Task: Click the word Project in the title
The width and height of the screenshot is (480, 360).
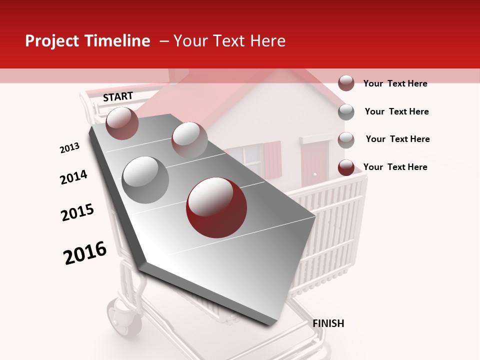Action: click(52, 41)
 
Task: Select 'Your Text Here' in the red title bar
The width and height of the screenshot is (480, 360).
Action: click(229, 41)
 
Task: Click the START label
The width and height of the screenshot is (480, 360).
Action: click(118, 96)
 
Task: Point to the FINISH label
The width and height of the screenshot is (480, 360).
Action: click(328, 323)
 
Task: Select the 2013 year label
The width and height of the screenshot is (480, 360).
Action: click(69, 148)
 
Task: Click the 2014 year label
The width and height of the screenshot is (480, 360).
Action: click(73, 177)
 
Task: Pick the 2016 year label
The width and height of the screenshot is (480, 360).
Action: click(85, 253)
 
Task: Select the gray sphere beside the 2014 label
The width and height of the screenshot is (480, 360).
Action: click(145, 180)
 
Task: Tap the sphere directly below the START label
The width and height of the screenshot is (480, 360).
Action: click(122, 123)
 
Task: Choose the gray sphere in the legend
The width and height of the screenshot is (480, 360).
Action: click(346, 111)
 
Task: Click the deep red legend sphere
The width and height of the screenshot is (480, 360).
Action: click(346, 167)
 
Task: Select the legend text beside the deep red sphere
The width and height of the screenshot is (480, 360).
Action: click(395, 167)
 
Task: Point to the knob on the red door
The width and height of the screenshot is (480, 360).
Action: click(315, 173)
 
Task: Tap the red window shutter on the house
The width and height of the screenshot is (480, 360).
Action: click(272, 157)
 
